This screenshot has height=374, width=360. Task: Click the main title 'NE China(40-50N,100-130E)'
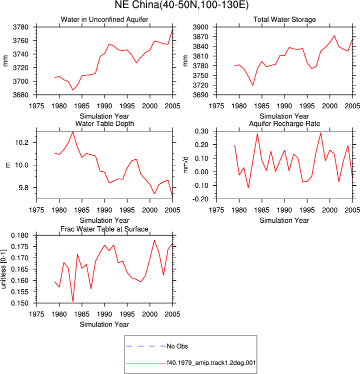tap(181, 5)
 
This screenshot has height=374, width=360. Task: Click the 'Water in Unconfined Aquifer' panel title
tap(104, 19)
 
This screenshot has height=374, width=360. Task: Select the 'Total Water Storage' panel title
tap(284, 19)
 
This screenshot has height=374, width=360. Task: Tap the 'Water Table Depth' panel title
tap(104, 123)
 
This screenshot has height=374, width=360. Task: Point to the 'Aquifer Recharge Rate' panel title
tap(284, 123)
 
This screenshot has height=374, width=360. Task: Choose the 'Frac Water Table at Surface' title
tap(104, 229)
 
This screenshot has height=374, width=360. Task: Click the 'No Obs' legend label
tap(177, 346)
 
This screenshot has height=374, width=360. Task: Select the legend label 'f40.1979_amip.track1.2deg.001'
tap(211, 363)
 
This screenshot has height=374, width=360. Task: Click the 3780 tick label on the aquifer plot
tap(20, 27)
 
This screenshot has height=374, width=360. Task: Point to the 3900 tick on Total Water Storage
tap(200, 27)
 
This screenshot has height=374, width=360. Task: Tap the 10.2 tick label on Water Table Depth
tap(21, 143)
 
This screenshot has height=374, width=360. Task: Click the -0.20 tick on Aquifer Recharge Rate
tap(201, 199)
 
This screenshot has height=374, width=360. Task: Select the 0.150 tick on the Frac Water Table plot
tap(20, 303)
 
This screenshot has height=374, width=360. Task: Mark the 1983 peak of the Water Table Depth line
tap(73, 132)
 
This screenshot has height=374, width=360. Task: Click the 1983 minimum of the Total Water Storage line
tap(252, 85)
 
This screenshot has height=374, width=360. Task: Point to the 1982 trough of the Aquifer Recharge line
tap(248, 188)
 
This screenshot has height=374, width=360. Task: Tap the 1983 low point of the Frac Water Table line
tap(73, 302)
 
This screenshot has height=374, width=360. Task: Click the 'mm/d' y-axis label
tap(185, 165)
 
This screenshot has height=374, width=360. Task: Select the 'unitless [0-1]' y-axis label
tap(3, 269)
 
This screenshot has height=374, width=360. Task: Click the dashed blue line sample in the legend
tap(146, 346)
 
